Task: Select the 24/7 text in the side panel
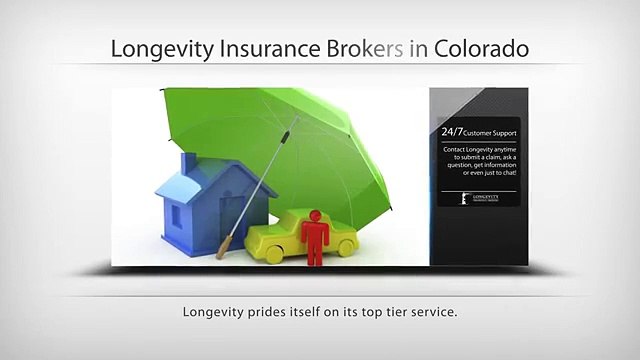[453, 131]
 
